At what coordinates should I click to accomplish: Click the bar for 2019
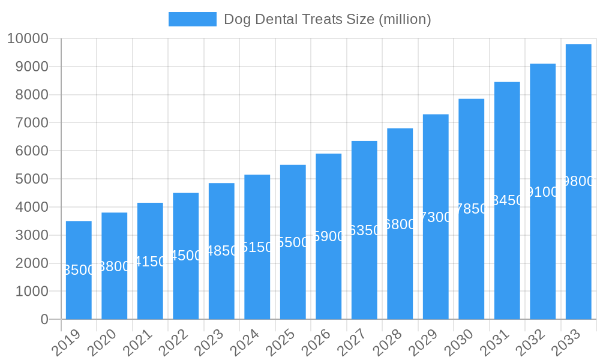point(79,270)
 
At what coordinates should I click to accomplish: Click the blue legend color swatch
point(192,19)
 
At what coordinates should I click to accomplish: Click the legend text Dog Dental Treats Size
point(327,19)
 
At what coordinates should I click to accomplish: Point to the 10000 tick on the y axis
point(28,39)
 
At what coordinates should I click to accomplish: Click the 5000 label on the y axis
point(28,179)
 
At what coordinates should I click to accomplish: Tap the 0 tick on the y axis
point(44,320)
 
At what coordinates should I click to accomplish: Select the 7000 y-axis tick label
point(28,123)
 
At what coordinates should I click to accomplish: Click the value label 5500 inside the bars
point(293,242)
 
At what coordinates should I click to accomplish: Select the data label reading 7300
point(436,217)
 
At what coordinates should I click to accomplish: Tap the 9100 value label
point(543,192)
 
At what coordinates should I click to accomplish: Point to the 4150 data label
point(150,262)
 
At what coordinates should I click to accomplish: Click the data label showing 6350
point(364,230)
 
